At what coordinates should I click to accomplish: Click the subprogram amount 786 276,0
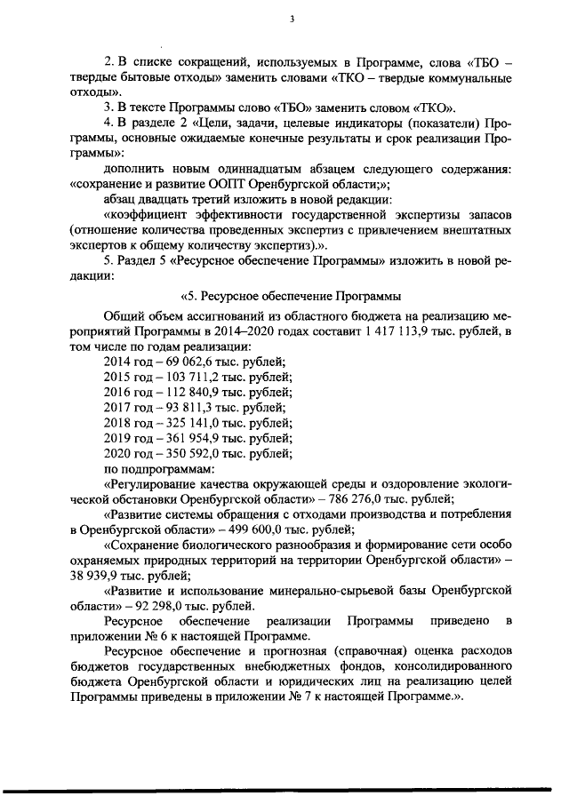coord(381,500)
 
